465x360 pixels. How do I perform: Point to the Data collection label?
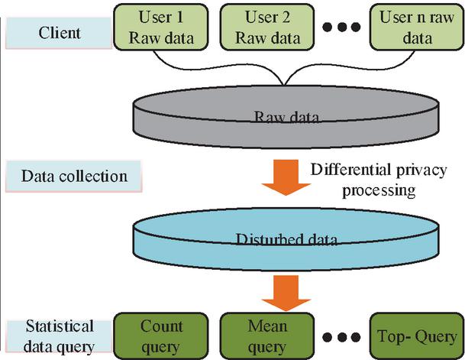tap(73, 176)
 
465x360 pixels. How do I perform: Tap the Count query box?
tap(162, 336)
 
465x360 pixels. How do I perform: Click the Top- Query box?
tap(415, 336)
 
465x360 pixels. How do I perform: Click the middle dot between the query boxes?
tap(337, 337)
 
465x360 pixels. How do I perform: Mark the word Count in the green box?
tap(162, 326)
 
